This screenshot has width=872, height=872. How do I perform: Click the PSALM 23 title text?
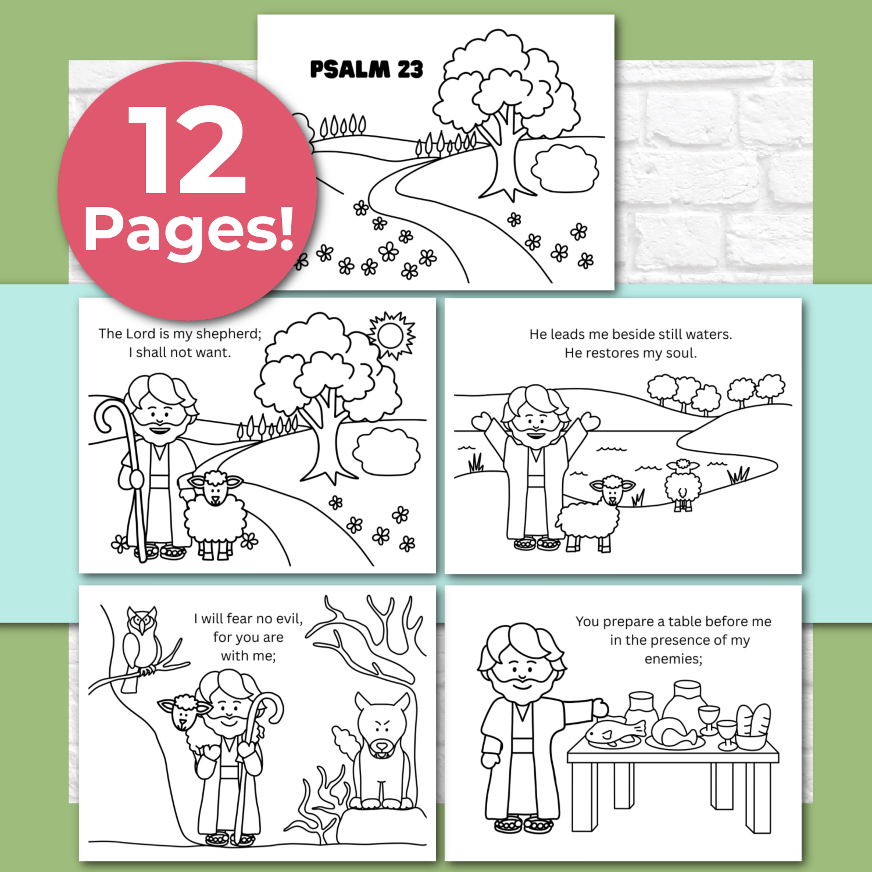366,69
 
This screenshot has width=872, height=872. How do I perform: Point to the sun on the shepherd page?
391,335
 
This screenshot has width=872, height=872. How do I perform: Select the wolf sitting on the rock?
381,750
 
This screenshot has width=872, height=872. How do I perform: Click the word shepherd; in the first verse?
229,334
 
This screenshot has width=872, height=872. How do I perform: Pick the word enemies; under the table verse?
673,659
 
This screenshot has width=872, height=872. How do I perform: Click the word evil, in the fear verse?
289,619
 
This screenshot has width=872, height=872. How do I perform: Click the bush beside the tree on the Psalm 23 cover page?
564,169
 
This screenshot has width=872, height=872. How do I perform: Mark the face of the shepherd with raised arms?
534,421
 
